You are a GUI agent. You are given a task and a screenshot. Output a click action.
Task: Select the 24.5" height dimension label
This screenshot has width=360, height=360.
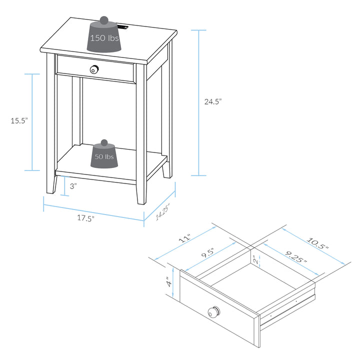(212, 101)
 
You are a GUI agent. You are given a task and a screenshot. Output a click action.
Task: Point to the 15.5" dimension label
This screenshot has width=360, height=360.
(19, 120)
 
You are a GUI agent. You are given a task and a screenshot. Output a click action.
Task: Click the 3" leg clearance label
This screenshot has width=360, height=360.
(72, 186)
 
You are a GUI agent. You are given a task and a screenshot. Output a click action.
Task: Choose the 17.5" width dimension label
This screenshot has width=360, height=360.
(85, 218)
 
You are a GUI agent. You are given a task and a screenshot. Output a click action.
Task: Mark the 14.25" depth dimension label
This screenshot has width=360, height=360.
(163, 212)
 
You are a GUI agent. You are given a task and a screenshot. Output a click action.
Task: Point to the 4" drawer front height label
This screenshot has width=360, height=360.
(169, 283)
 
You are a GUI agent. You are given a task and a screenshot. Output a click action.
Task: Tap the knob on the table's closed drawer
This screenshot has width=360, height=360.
(94, 69)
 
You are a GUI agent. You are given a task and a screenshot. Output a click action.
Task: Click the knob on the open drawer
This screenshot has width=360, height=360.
(213, 312)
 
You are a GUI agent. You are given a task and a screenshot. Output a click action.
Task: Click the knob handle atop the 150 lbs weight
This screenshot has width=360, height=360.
(104, 20)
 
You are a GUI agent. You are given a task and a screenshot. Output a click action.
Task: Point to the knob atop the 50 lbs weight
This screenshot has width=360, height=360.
(104, 143)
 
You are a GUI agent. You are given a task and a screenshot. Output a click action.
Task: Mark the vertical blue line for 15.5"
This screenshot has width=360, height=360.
(32, 122)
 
